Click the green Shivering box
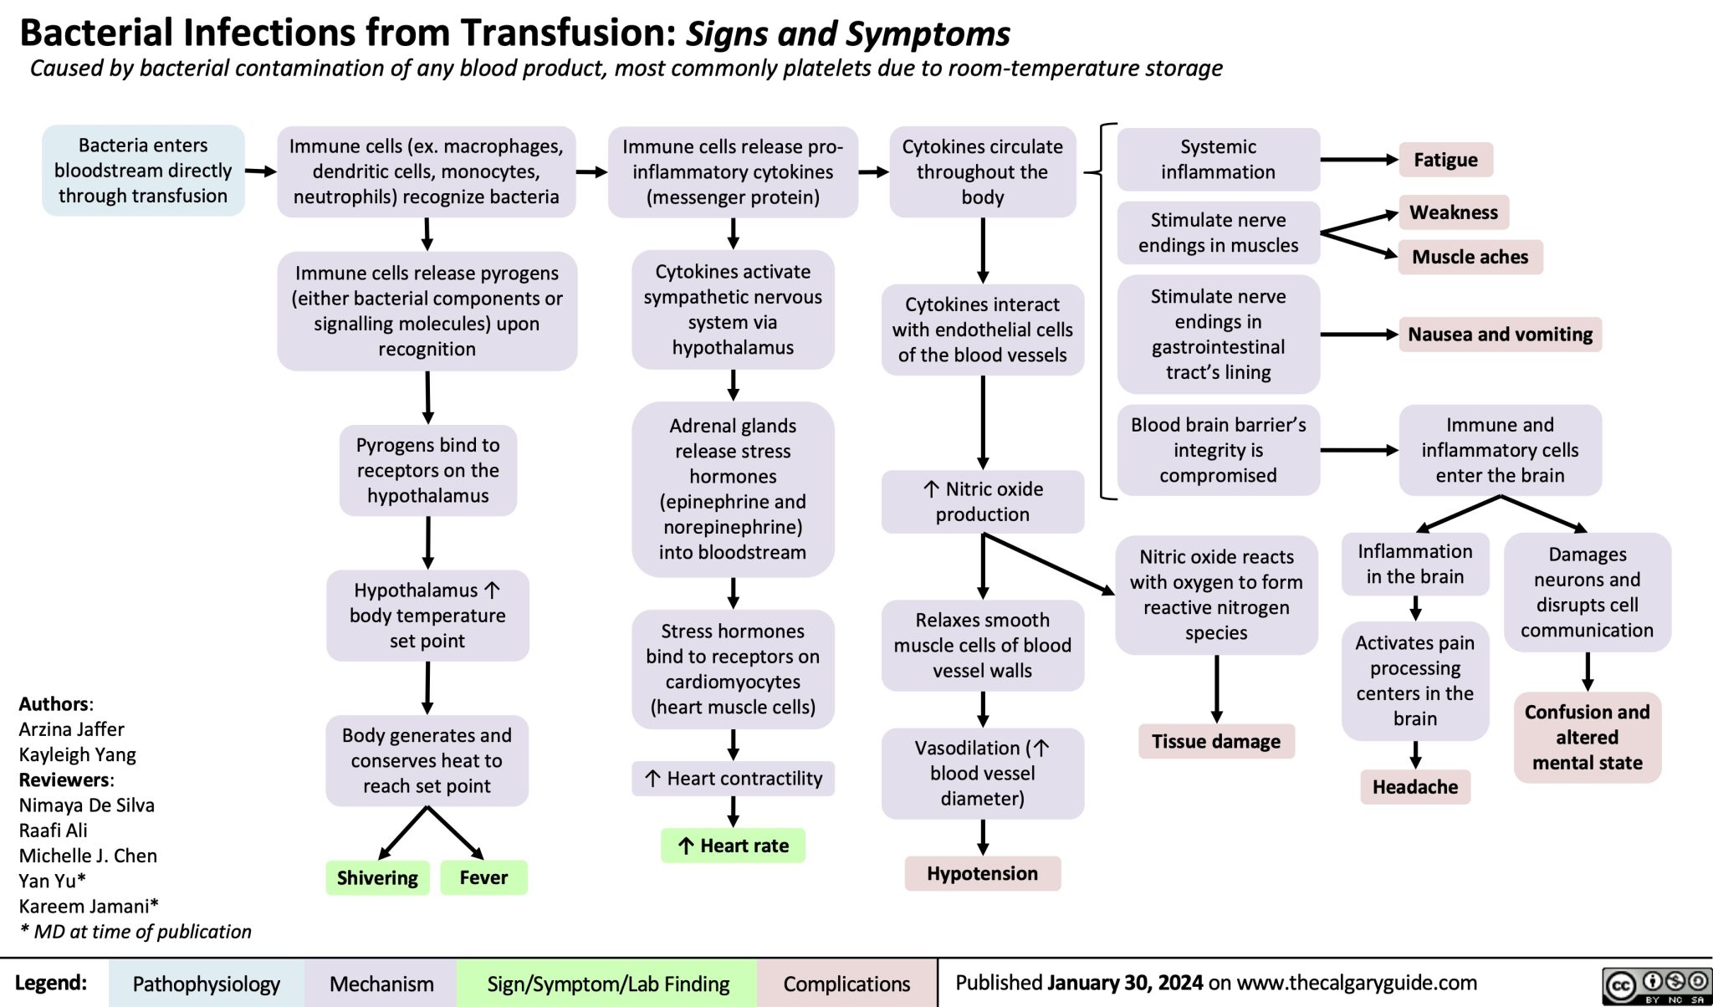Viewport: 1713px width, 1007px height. pyautogui.click(x=377, y=877)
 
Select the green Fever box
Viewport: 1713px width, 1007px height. pyautogui.click(x=483, y=877)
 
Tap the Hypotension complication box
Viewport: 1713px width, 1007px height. pyautogui.click(x=982, y=873)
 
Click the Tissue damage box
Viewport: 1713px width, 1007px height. pyautogui.click(x=1216, y=741)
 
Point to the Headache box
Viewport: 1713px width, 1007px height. pyautogui.click(x=1414, y=786)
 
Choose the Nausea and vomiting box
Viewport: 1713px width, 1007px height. pyautogui.click(x=1500, y=335)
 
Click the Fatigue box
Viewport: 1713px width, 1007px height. pyautogui.click(x=1445, y=160)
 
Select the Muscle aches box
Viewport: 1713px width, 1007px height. pyautogui.click(x=1470, y=257)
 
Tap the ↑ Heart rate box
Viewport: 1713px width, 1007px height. pyautogui.click(x=733, y=846)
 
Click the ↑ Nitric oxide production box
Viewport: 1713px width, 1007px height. pyautogui.click(x=982, y=502)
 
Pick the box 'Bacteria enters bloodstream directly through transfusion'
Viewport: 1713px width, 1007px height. pyautogui.click(x=143, y=171)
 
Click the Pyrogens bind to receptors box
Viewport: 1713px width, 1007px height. pyautogui.click(x=427, y=470)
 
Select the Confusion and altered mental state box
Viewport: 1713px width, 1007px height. pyautogui.click(x=1587, y=737)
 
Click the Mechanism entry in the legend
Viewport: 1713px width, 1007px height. pyautogui.click(x=381, y=984)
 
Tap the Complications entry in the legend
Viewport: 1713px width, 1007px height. pyautogui.click(x=846, y=984)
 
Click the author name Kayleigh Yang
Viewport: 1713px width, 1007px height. pyautogui.click(x=77, y=754)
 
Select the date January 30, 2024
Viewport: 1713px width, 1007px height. pyautogui.click(x=1125, y=982)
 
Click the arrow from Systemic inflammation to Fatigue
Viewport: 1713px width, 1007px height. pyautogui.click(x=1359, y=159)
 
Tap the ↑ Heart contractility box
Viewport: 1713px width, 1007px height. pyautogui.click(x=733, y=779)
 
